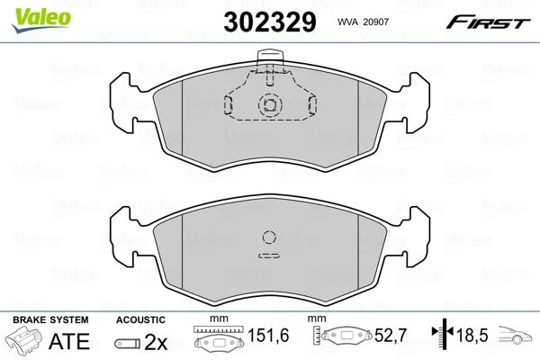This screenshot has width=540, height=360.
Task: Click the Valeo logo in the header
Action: [40, 19]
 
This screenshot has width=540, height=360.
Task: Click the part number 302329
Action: [270, 22]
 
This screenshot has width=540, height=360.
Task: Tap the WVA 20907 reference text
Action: [363, 22]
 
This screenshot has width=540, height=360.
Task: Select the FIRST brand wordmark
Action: [488, 22]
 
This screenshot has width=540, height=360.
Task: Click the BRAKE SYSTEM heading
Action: [50, 319]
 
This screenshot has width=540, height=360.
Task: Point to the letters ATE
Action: [69, 341]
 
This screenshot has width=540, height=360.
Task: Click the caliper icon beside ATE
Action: [23, 339]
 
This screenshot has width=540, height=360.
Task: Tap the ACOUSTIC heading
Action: [140, 319]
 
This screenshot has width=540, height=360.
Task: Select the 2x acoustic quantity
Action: [156, 342]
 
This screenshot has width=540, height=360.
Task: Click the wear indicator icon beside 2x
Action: [128, 344]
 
